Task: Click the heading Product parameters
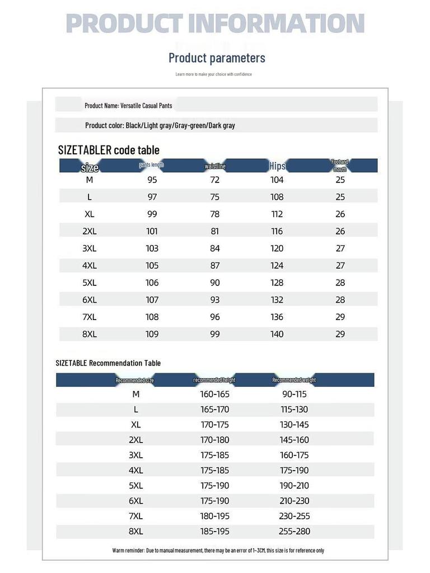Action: (x=217, y=58)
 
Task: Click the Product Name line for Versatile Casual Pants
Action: (x=128, y=105)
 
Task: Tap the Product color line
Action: (x=160, y=125)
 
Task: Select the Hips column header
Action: (x=277, y=166)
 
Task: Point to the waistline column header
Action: (x=215, y=166)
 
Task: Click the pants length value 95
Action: (x=152, y=180)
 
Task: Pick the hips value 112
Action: (x=277, y=214)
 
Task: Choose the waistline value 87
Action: (x=215, y=265)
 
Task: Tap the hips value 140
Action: (x=277, y=334)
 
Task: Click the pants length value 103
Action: (x=152, y=248)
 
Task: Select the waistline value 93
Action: (x=215, y=300)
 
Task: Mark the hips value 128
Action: (x=277, y=283)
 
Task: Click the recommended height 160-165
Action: (x=215, y=394)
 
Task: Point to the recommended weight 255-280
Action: (x=295, y=531)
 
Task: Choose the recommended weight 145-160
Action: (x=295, y=440)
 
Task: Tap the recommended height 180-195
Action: (x=215, y=516)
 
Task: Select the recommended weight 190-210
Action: (x=295, y=486)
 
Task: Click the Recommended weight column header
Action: (x=294, y=380)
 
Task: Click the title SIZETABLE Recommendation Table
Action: (x=108, y=363)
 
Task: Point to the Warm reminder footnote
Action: (x=218, y=551)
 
